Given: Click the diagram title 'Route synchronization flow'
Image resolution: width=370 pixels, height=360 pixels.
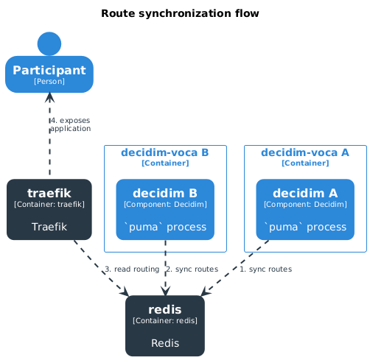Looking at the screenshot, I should (x=180, y=14).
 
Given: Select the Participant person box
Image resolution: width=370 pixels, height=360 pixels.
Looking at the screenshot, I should (x=49, y=74).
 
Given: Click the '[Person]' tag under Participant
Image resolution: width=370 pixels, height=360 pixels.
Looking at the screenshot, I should (x=49, y=82).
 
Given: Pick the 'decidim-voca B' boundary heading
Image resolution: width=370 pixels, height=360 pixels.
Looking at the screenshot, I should (x=164, y=152).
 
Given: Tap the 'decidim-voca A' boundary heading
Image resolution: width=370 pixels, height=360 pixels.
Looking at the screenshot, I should (x=305, y=152).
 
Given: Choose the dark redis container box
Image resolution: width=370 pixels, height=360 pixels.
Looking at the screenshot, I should (x=165, y=325).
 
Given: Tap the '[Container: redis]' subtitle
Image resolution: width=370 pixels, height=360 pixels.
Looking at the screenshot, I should (x=165, y=321).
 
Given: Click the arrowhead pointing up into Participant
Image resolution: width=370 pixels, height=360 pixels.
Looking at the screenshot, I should (x=49, y=98).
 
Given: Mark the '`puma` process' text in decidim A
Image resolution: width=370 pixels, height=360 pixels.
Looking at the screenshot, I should (x=305, y=227).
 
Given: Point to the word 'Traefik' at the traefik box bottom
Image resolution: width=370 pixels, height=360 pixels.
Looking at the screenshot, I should (x=49, y=227).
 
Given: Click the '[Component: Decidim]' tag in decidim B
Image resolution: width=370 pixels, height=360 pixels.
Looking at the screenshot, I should (x=165, y=204).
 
